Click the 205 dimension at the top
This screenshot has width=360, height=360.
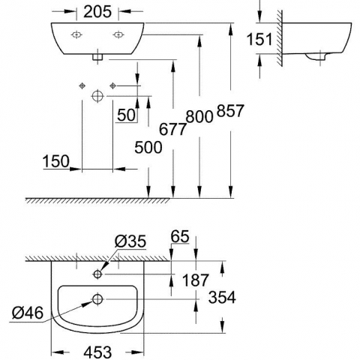97,11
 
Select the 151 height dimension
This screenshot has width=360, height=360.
259,39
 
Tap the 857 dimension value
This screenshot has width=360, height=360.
230,111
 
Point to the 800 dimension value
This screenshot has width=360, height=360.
199,116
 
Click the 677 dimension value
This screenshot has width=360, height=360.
173,129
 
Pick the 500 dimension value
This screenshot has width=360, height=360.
148,147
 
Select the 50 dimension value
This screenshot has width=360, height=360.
127,115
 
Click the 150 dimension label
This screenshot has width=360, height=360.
56,161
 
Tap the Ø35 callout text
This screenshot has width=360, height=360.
130,241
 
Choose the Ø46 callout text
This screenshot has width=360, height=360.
28,313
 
